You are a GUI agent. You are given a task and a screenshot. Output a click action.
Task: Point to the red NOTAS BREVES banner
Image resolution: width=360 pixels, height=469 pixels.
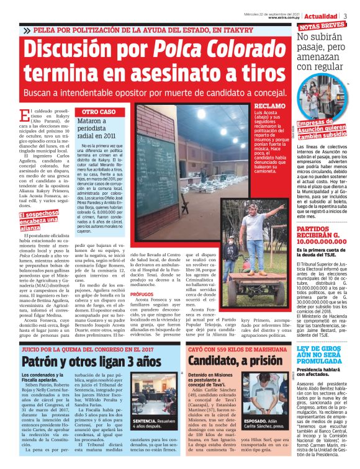(322, 26)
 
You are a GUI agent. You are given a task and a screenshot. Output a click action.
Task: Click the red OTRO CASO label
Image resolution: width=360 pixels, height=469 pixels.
(99, 112)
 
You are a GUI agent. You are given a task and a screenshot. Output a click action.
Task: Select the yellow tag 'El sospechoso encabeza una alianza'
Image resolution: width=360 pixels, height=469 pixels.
(38, 220)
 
